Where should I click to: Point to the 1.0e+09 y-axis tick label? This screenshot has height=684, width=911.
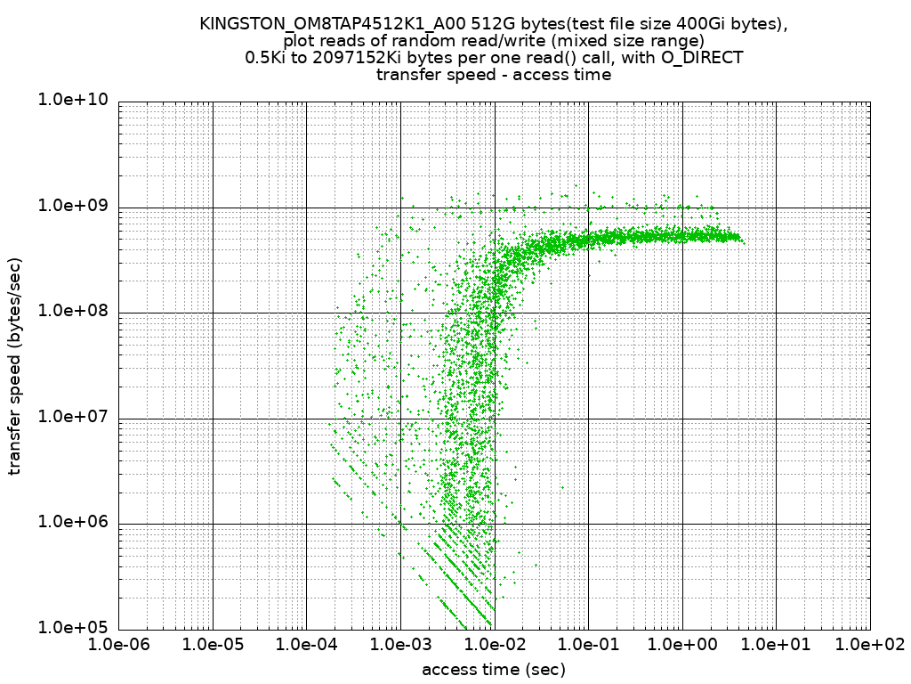tap(73, 206)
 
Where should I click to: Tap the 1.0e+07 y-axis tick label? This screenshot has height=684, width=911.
tap(73, 417)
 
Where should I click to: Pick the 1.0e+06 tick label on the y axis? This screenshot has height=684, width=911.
tap(73, 522)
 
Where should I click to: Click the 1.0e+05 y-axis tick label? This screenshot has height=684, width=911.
tap(73, 628)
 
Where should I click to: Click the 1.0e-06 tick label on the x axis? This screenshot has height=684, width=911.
tap(118, 646)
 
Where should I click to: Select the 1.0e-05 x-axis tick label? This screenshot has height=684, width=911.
tap(213, 646)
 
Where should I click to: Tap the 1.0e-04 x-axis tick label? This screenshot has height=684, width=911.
tap(306, 646)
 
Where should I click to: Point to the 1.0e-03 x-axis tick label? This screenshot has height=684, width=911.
tap(400, 646)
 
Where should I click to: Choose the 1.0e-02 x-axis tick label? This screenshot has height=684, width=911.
tap(494, 646)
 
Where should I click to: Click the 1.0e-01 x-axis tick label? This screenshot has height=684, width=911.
tap(588, 646)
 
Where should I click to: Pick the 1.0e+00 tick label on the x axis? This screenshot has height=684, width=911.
tap(682, 646)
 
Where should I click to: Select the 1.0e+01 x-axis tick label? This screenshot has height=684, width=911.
tap(776, 646)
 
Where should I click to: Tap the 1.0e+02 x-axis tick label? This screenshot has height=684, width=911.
tap(869, 646)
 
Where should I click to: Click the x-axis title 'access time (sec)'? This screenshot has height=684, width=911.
tap(494, 669)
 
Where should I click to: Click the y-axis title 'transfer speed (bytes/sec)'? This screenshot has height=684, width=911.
tap(15, 366)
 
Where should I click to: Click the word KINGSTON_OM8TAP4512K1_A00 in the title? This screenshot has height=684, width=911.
tap(327, 24)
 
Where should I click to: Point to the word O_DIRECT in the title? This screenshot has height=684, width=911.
tap(699, 58)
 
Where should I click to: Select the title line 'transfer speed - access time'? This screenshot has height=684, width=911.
tap(494, 75)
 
